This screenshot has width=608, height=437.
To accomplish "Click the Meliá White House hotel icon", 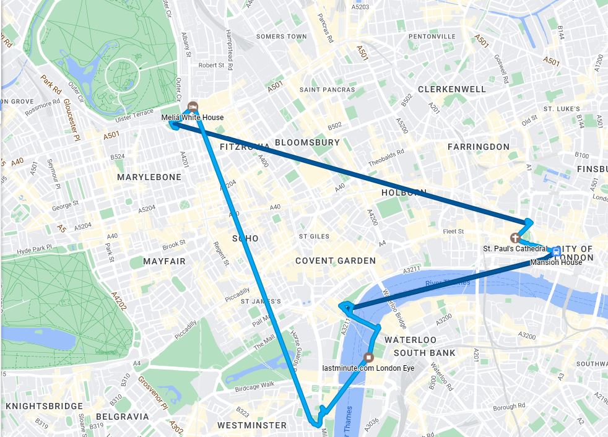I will coord(193,105).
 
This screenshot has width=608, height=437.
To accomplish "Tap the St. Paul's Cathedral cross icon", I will coord(514,238).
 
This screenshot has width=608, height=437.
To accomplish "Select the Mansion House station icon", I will coord(556,251).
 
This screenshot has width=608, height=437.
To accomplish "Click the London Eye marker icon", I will coord(370,357).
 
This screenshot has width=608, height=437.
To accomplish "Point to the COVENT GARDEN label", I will coord(335,261).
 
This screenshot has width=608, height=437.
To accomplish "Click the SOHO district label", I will coord(245,238).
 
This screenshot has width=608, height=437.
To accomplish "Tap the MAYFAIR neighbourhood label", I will coord(164,261).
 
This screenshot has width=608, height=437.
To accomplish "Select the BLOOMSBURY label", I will coord(307,142).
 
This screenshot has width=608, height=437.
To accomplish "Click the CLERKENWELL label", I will coord(452,89).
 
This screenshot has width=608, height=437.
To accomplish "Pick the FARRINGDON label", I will coord(479,147).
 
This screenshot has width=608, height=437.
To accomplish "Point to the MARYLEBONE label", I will coord(149,177).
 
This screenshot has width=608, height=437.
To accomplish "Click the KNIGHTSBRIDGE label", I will coord(44,406).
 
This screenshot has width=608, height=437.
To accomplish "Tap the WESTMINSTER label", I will coord(252,425).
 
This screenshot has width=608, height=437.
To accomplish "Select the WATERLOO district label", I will coord(410,340).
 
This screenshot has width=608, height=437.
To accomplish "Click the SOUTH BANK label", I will coord(424,353).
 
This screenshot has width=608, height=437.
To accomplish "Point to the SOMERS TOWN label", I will coord(281,37).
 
